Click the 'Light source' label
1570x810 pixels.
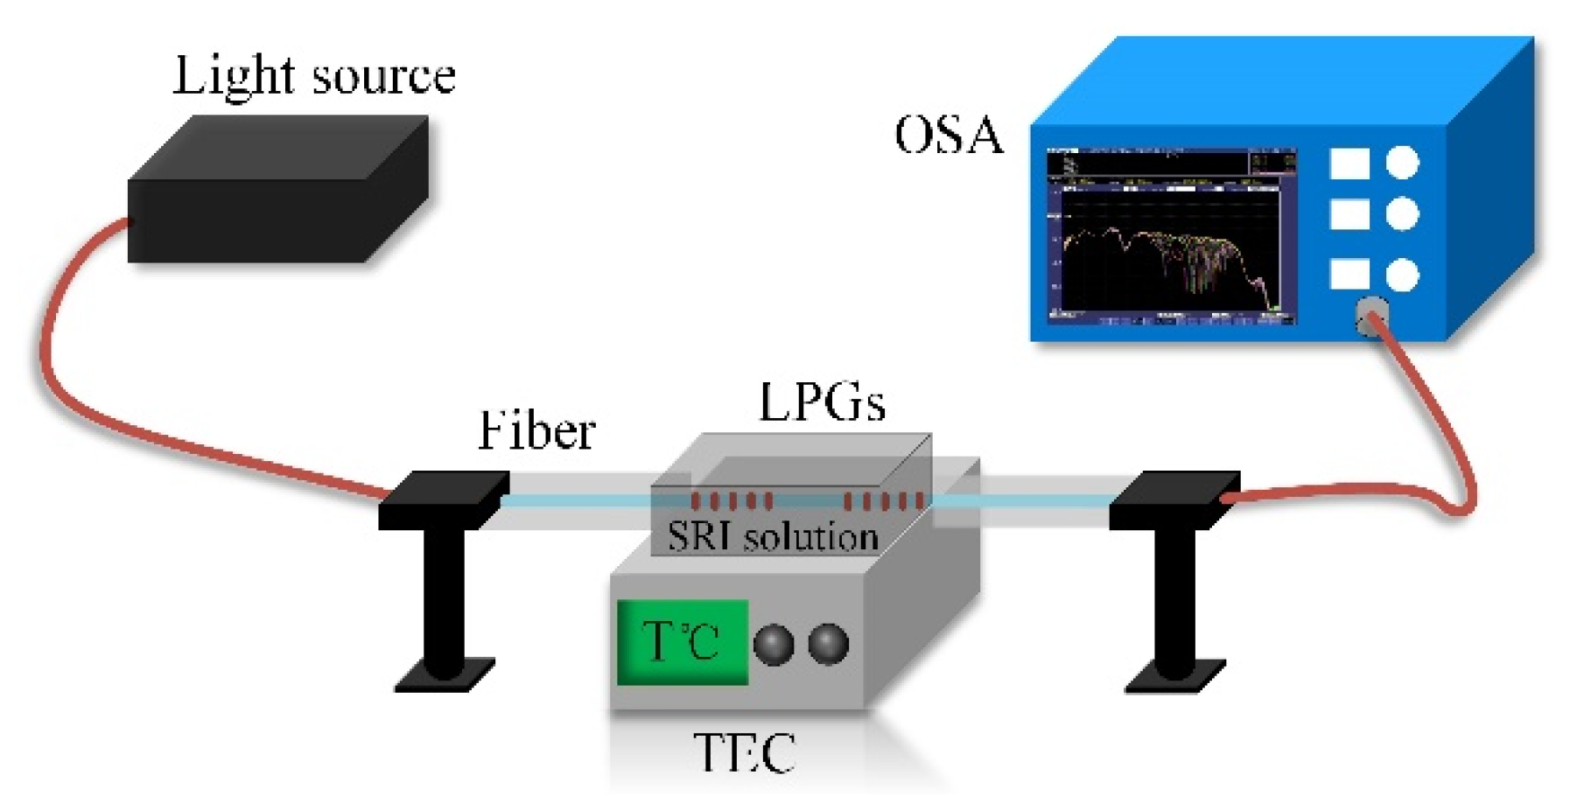[314, 75]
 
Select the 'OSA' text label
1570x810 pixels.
[949, 136]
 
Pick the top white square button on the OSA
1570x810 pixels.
[1349, 164]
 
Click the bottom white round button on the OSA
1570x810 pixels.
[1402, 275]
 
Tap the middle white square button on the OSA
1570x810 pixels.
[1349, 214]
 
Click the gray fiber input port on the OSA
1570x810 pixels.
[1370, 317]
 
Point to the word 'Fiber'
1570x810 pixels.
[536, 431]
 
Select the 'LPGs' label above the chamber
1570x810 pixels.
[822, 403]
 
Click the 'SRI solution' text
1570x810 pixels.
[772, 536]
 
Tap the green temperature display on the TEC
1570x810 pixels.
[682, 642]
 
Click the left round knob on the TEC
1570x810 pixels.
[773, 645]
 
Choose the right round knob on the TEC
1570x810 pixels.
[828, 645]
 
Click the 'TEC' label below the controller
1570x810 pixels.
[744, 752]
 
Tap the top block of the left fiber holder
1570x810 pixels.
[444, 499]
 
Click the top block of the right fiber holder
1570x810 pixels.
[1174, 499]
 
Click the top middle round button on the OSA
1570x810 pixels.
[1402, 214]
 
